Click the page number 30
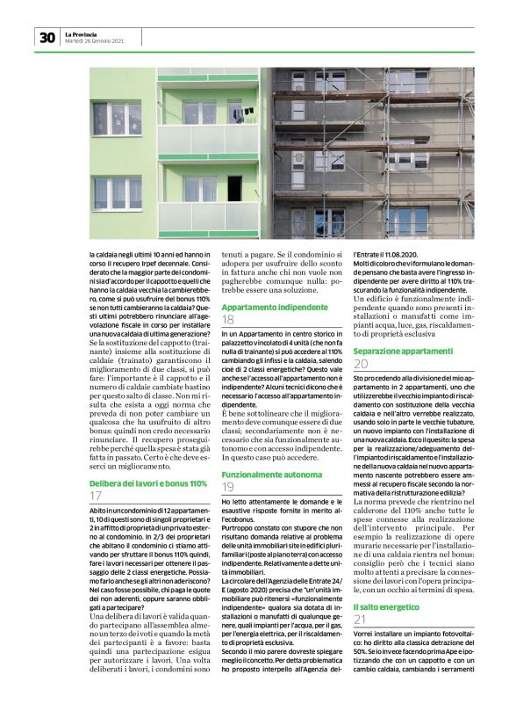click(47, 38)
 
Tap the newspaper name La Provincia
click(82, 33)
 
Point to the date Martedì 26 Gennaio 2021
click(94, 41)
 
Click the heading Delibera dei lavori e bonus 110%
click(148, 483)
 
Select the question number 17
click(96, 497)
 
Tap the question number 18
click(227, 320)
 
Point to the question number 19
click(227, 487)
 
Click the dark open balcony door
click(234, 187)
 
